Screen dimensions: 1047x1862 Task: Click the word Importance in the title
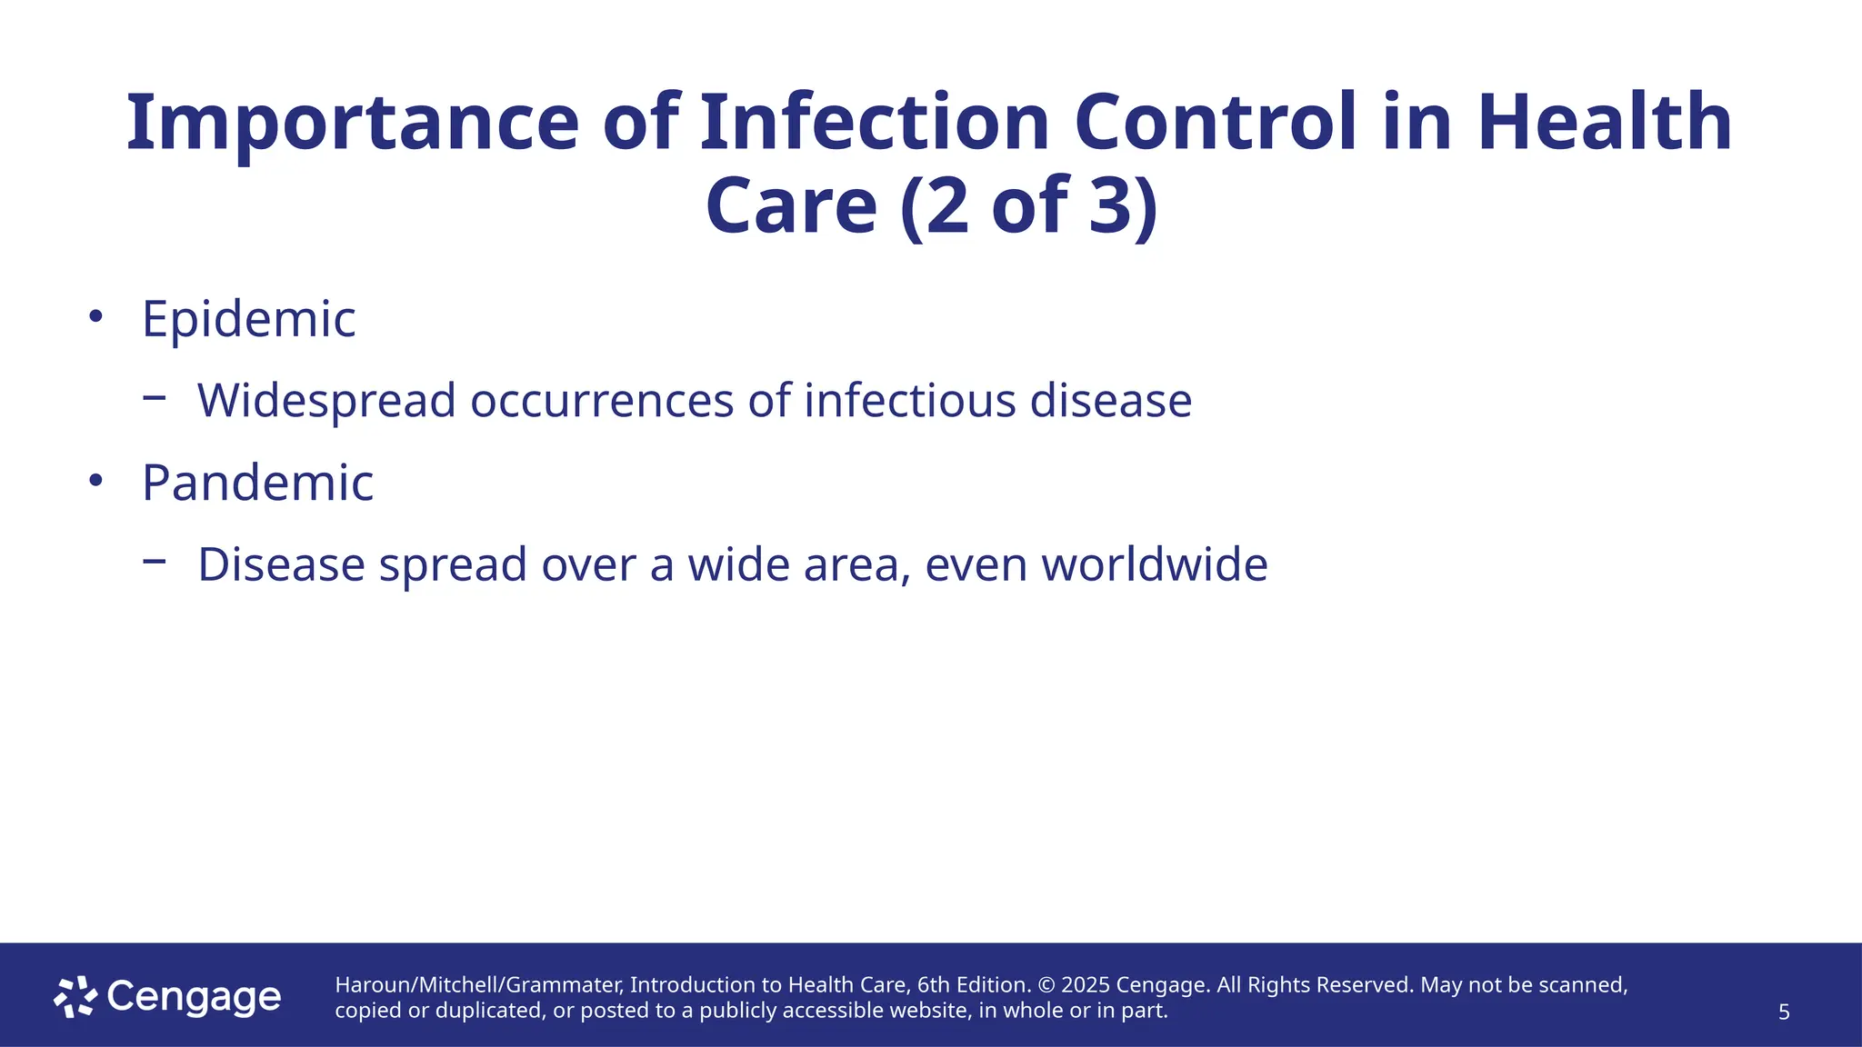pyautogui.click(x=352, y=125)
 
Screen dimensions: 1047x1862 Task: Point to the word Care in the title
pyautogui.click(x=790, y=206)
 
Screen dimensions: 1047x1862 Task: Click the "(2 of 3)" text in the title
pyautogui.click(x=1029, y=206)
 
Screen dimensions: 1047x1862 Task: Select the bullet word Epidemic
pyautogui.click(x=248, y=319)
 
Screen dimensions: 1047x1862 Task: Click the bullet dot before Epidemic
pyautogui.click(x=95, y=316)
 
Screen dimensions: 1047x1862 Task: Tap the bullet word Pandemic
pyautogui.click(x=257, y=483)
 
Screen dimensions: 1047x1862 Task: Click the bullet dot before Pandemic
pyautogui.click(x=95, y=481)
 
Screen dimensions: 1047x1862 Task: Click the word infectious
pyautogui.click(x=909, y=401)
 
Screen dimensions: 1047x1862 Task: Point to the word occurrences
pyautogui.click(x=601, y=401)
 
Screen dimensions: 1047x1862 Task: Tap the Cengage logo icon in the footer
pyautogui.click(x=75, y=997)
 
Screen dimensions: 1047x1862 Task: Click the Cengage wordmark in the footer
pyautogui.click(x=194, y=997)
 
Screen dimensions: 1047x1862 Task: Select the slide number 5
pyautogui.click(x=1784, y=1012)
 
